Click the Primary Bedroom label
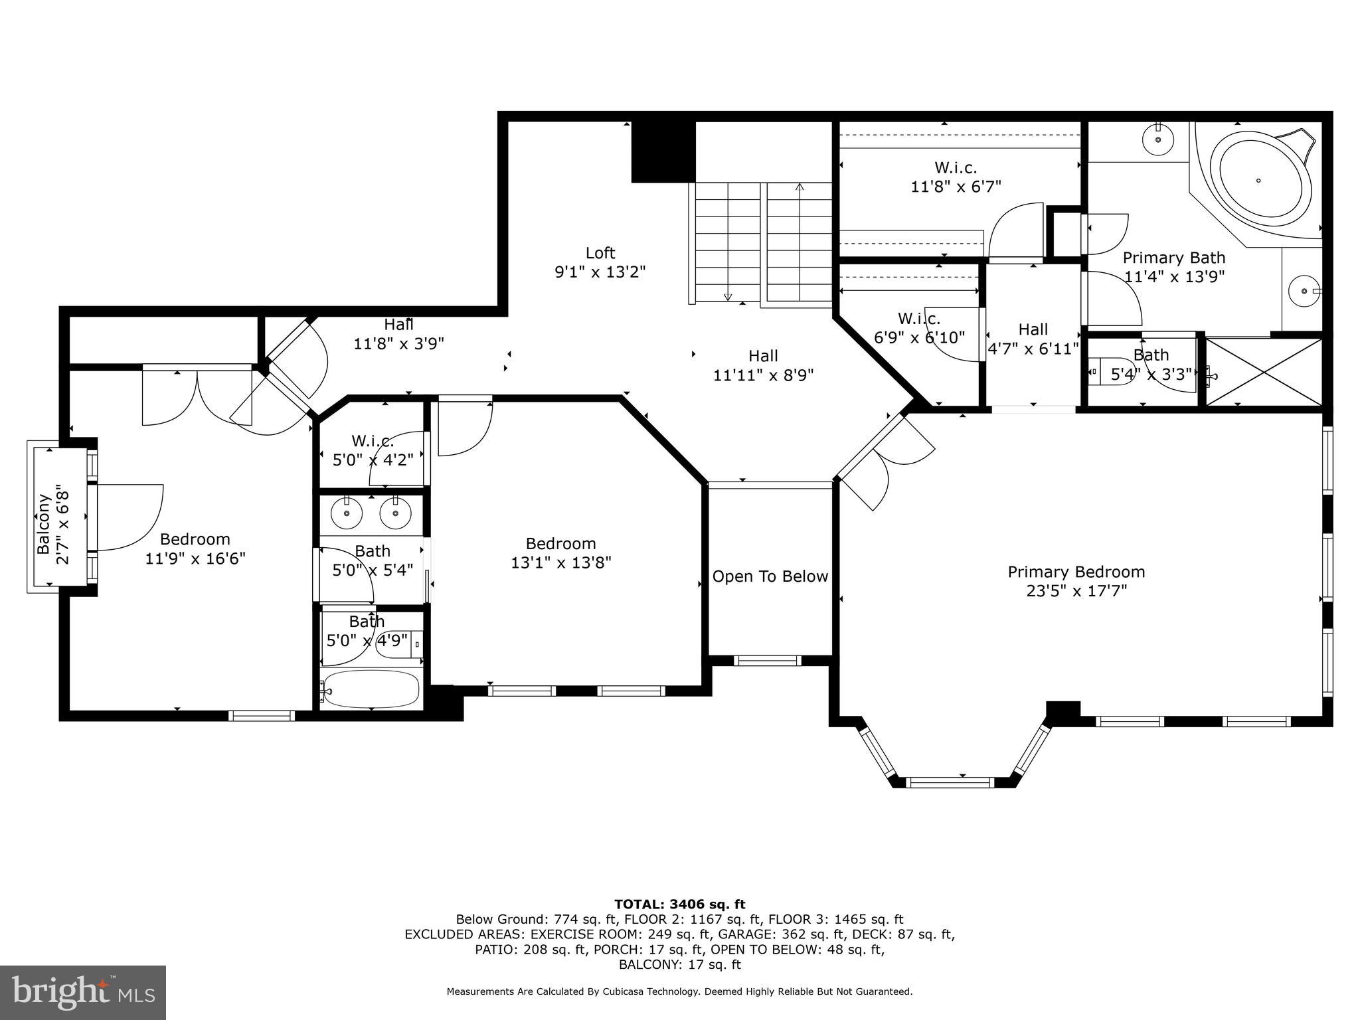tap(1076, 572)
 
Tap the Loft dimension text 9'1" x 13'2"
tap(600, 272)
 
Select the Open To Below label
tap(770, 576)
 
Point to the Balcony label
tap(44, 524)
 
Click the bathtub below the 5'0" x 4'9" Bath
tap(371, 690)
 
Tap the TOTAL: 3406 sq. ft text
tap(679, 904)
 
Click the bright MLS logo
tap(82, 992)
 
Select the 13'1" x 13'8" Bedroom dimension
tap(560, 562)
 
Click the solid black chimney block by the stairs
tap(662, 151)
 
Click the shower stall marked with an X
tap(1264, 372)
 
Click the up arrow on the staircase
tap(800, 189)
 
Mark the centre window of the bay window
tap(950, 782)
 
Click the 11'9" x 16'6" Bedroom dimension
tap(195, 558)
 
